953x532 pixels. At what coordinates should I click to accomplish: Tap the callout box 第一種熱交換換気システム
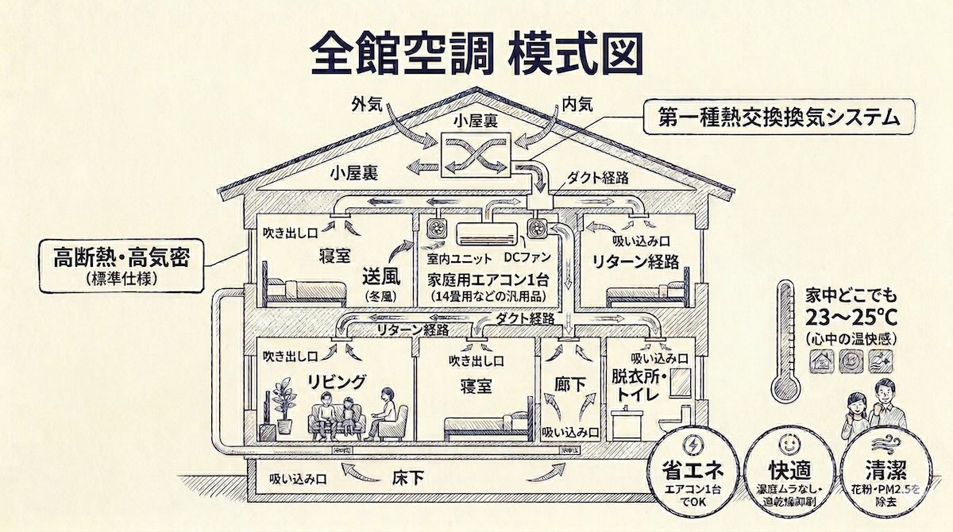[778, 118]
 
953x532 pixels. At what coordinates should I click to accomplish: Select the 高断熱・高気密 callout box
[122, 262]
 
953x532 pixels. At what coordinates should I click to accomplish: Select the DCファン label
[527, 259]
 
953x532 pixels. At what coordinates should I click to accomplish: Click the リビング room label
[337, 383]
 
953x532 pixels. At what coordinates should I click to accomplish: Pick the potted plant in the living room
[283, 401]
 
